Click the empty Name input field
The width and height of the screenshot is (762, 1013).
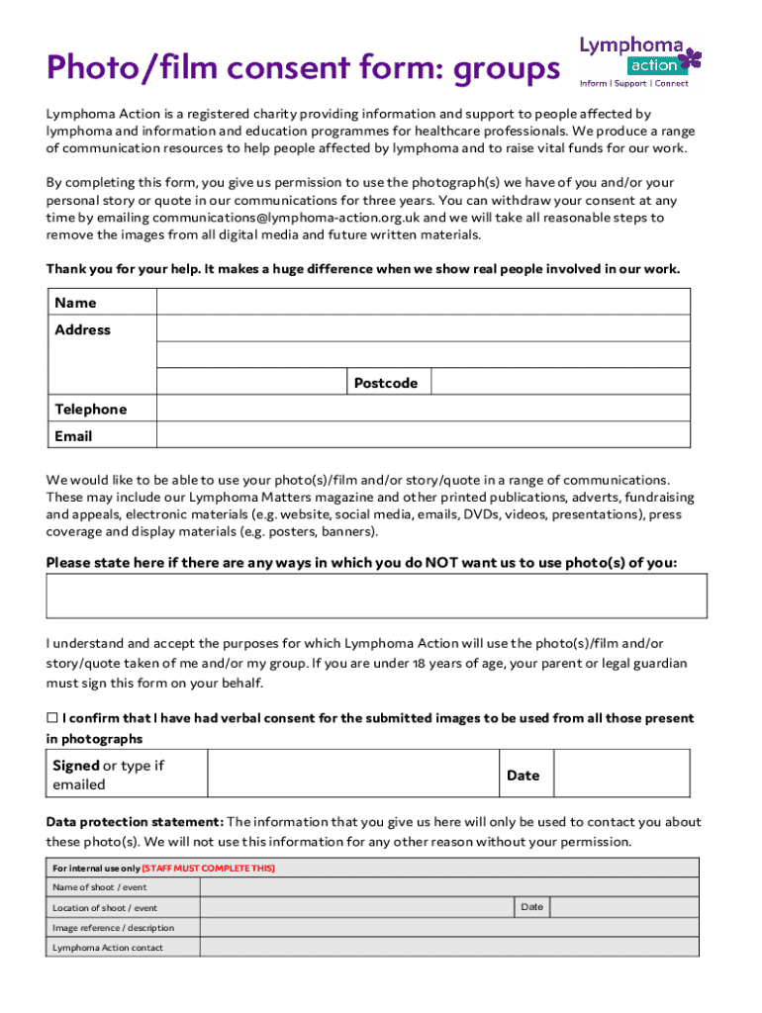pos(424,303)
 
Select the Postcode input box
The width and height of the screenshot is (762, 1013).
pos(560,383)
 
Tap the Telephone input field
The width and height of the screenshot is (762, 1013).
pos(424,410)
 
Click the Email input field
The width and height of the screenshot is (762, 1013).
pos(424,435)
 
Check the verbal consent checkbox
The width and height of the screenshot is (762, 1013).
pos(52,718)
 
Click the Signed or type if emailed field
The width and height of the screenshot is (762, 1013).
pos(352,775)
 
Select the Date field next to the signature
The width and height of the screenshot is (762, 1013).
pos(621,775)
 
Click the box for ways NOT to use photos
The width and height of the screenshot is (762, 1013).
pos(376,596)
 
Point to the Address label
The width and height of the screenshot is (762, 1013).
pos(83,329)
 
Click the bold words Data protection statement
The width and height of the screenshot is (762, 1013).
pos(135,822)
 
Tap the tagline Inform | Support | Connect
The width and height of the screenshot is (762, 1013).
pos(634,83)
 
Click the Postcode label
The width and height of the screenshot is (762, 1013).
pos(386,383)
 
